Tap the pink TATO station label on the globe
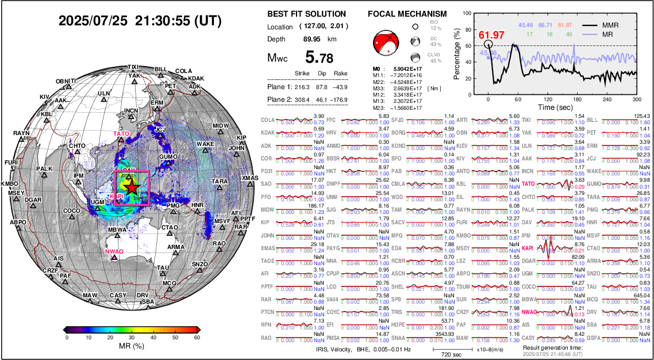pos(121,134)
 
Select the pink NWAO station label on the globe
pos(114,251)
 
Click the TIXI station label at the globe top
pos(133,67)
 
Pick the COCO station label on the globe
pos(72,211)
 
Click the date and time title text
pos(140,21)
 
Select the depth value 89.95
pos(313,39)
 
